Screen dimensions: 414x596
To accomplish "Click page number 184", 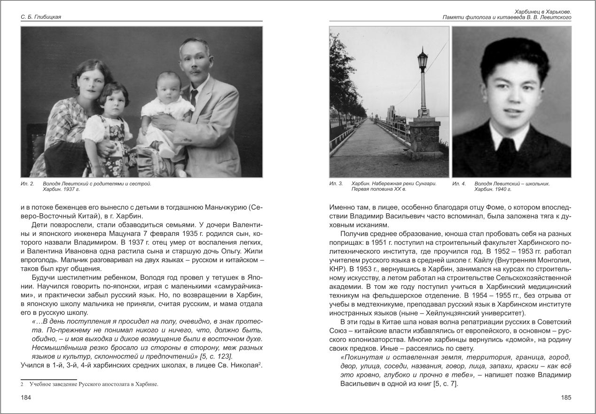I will (x=26, y=398).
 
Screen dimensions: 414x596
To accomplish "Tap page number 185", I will (x=566, y=398).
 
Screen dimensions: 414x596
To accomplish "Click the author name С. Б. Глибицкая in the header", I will (x=40, y=17).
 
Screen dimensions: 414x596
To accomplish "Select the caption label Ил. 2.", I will (x=27, y=183).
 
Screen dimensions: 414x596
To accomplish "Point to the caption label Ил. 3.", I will (x=336, y=183).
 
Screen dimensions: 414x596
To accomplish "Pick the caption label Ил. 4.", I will (x=459, y=183).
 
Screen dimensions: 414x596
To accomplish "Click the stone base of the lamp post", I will (x=423, y=141).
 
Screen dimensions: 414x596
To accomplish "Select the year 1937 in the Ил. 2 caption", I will (x=70, y=189).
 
